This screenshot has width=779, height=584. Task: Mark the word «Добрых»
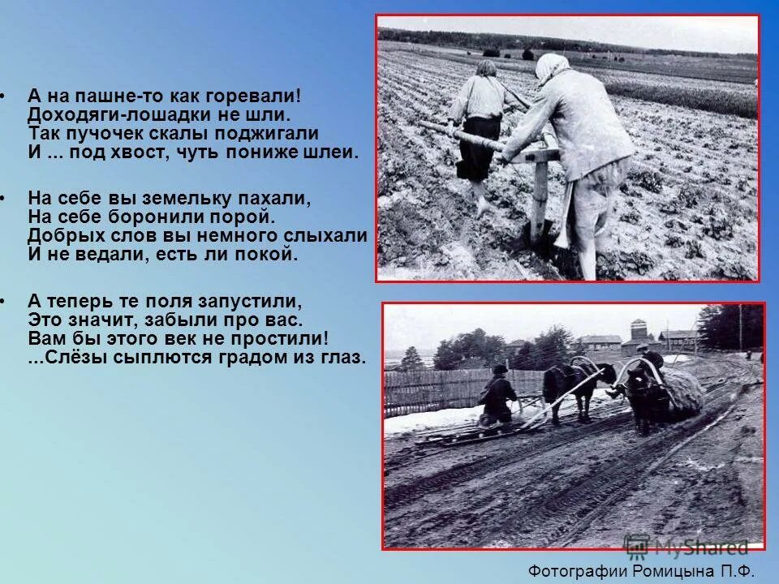63,235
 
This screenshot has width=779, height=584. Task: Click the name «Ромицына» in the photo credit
673,569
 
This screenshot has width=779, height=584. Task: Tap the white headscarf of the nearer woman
552,68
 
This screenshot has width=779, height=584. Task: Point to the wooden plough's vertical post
539,195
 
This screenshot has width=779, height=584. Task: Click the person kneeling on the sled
497,397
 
